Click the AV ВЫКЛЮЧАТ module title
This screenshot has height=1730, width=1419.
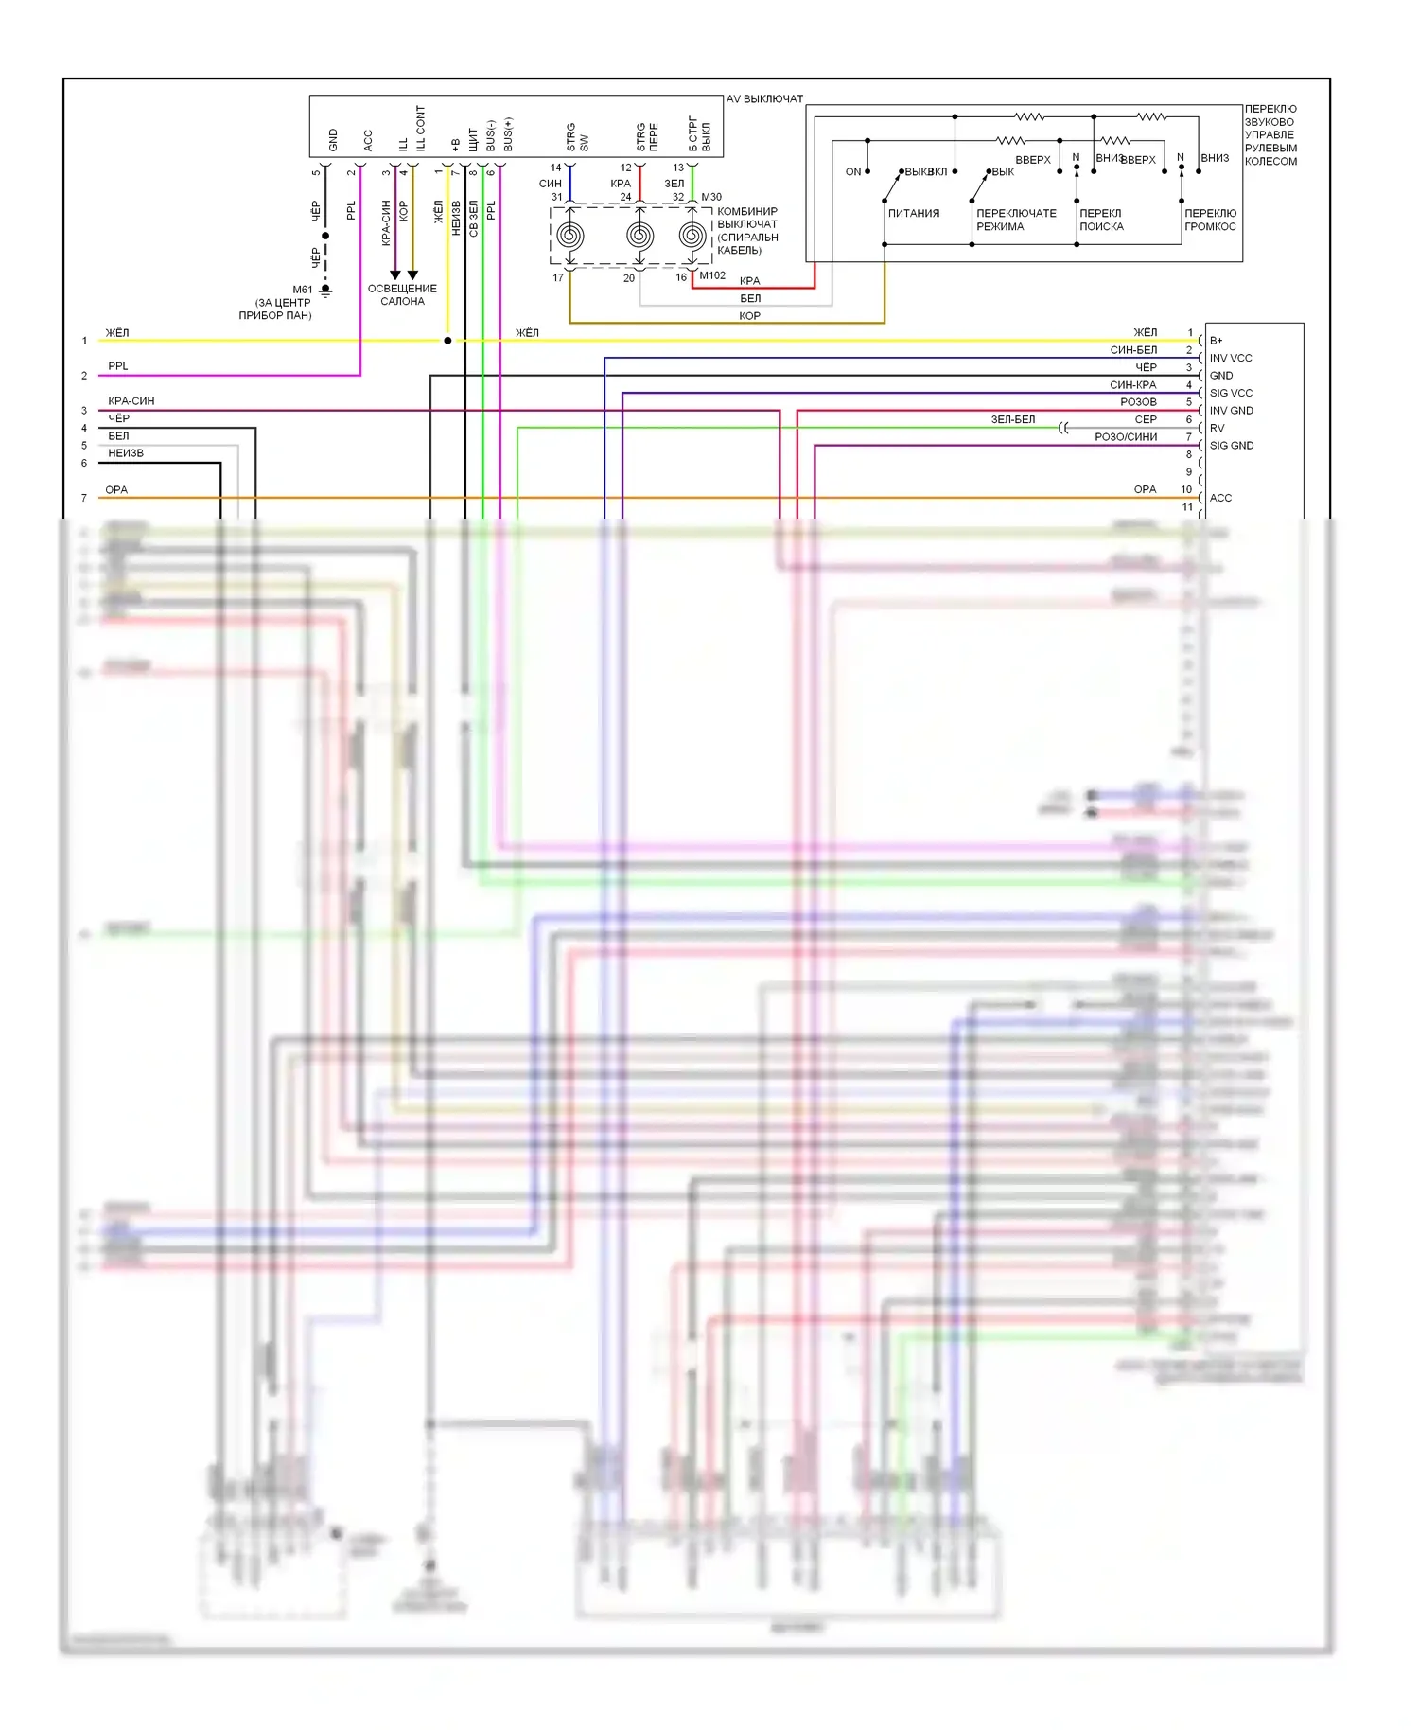click(x=764, y=98)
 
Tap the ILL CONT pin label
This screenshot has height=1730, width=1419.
click(x=420, y=128)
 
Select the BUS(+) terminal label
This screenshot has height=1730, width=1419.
click(x=508, y=134)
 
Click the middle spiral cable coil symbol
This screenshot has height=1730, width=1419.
click(x=639, y=236)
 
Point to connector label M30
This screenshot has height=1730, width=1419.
click(x=711, y=197)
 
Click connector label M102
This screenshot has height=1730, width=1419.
click(x=712, y=275)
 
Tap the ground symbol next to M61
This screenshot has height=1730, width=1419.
click(x=325, y=290)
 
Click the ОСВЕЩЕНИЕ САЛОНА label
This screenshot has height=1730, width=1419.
click(x=402, y=294)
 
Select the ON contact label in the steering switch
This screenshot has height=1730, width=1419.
click(x=853, y=172)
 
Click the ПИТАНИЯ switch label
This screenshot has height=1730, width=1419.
click(x=914, y=214)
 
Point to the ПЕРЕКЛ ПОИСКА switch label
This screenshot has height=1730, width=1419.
click(x=1101, y=220)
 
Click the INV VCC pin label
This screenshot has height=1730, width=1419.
click(x=1230, y=358)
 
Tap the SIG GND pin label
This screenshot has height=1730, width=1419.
click(x=1231, y=445)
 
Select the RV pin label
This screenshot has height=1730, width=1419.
click(x=1217, y=428)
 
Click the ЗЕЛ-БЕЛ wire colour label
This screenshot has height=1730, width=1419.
click(x=1012, y=419)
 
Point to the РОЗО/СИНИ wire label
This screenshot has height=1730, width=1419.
click(x=1125, y=437)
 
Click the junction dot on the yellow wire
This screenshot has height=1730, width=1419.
click(x=447, y=341)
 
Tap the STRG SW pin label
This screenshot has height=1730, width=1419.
click(x=577, y=137)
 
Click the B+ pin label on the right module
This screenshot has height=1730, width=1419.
click(x=1216, y=341)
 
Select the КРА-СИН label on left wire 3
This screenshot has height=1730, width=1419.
click(x=131, y=401)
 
